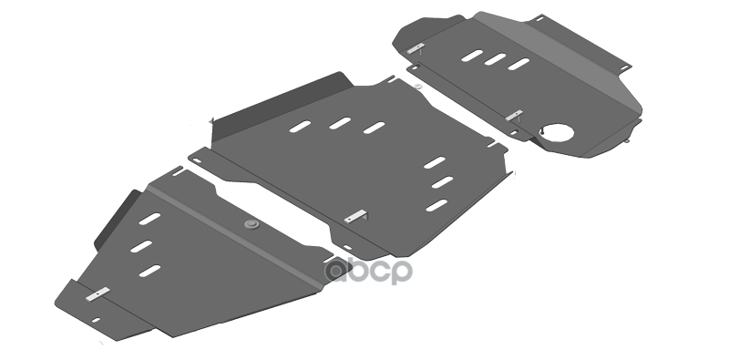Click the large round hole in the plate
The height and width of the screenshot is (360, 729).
click(x=557, y=132)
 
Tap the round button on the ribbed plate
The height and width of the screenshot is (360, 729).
click(x=252, y=224)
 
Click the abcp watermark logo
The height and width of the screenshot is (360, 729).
click(x=368, y=272)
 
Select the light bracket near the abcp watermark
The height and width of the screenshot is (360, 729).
click(x=355, y=216)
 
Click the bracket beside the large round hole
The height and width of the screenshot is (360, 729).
click(x=514, y=116)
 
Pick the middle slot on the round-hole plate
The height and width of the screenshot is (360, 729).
click(x=495, y=59)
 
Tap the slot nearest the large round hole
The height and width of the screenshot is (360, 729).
click(x=519, y=64)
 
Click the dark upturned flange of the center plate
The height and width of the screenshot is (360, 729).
click(x=282, y=106)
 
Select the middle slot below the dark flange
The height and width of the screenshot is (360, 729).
click(x=340, y=123)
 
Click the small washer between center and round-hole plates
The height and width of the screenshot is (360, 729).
click(x=418, y=86)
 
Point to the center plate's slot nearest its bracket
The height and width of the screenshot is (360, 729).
click(x=436, y=205)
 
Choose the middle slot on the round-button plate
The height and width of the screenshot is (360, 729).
click(x=141, y=246)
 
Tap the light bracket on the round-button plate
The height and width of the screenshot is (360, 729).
click(x=98, y=294)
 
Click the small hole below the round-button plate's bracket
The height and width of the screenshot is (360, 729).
click(x=96, y=320)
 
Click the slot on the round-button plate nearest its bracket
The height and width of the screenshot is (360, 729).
click(x=149, y=271)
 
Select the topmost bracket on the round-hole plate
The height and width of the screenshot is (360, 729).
click(x=416, y=48)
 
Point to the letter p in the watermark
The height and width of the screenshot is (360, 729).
click(x=401, y=273)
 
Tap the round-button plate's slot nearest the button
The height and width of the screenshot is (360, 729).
click(x=149, y=219)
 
